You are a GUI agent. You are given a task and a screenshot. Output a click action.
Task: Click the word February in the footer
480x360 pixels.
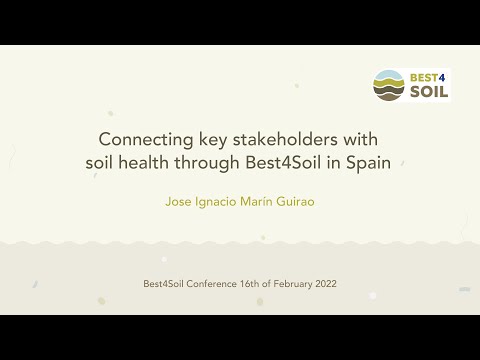click(x=284, y=284)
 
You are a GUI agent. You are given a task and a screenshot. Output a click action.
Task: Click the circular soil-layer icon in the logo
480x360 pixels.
click(x=388, y=85)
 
